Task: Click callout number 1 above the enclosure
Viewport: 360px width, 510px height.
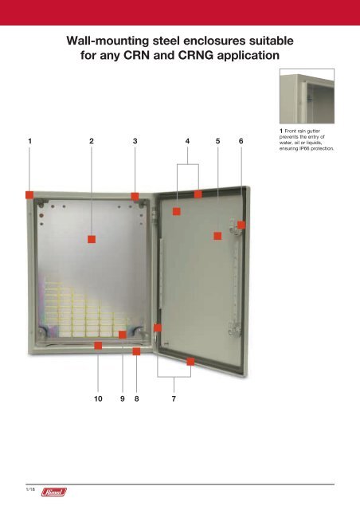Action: [29, 140]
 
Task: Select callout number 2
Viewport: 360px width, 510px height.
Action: [92, 140]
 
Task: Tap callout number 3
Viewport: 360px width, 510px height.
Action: [135, 140]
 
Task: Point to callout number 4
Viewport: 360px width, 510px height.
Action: [187, 140]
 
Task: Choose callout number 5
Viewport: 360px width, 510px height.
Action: [217, 140]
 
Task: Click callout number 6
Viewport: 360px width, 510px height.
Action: [241, 140]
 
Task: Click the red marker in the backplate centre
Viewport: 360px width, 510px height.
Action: [92, 237]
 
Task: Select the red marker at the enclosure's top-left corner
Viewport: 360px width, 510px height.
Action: [29, 194]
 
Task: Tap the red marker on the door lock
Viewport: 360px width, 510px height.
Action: [241, 226]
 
